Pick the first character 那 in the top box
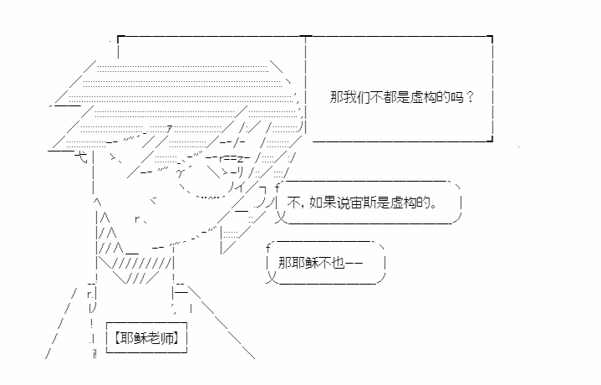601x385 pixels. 335,96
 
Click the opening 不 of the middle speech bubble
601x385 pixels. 293,203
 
